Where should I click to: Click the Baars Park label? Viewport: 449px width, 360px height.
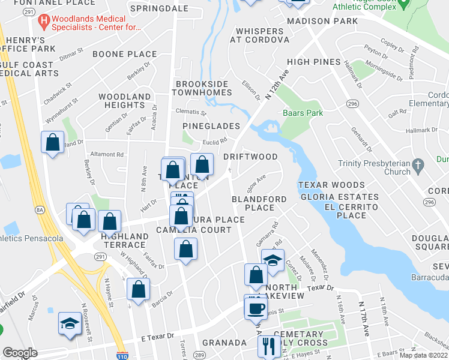coord(303,113)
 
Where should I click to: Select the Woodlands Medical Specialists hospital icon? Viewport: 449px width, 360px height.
coord(43,23)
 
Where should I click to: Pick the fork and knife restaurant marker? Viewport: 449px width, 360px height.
coord(268,346)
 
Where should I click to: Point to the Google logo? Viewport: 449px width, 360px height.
coord(20,352)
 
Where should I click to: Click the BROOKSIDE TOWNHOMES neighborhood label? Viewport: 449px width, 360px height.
coord(202,88)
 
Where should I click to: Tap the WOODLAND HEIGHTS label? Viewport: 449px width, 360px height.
coord(125,101)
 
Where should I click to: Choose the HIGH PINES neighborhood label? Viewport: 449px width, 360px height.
coord(313,62)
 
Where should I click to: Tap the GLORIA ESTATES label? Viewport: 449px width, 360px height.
coord(340,197)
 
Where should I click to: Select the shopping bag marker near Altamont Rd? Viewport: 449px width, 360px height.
coord(53,143)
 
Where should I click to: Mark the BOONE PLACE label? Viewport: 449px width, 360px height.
coord(125,54)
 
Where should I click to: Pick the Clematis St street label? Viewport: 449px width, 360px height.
coord(191,112)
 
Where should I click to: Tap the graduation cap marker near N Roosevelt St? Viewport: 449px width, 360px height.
coord(70,324)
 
